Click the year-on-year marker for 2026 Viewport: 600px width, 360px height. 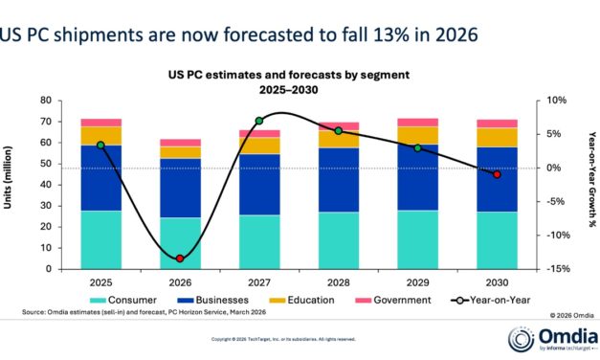point(180,259)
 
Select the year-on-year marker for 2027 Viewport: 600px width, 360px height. point(259,121)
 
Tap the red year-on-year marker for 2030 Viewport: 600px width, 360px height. point(496,174)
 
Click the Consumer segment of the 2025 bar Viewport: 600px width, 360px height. point(100,239)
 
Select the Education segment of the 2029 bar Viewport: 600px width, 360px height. point(417,135)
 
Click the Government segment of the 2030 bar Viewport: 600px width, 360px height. point(496,124)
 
